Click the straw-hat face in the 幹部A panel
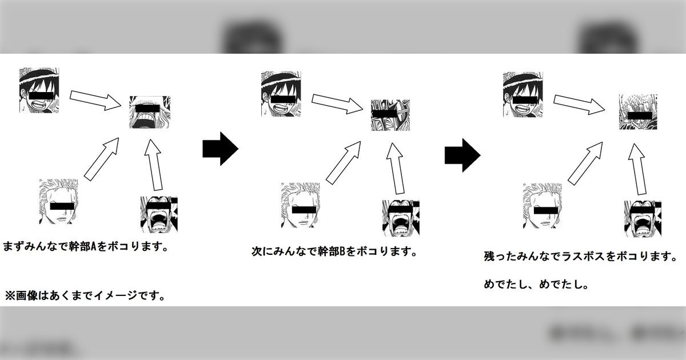coord(39,90)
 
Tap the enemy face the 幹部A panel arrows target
coord(150,112)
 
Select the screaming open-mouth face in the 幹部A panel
coord(159,214)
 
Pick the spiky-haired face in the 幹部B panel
coord(301,205)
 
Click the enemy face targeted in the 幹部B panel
coord(390,115)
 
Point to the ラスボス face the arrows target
coord(638,112)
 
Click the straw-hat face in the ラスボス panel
coord(523,95)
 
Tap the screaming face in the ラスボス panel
coord(643,218)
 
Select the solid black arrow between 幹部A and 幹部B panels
coord(221,149)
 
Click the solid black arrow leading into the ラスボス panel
coord(462,155)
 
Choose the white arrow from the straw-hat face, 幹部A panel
coord(95,100)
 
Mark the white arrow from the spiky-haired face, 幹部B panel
coord(344,163)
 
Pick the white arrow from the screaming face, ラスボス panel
coord(637,169)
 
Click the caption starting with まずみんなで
coord(85,247)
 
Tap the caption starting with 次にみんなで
coord(334,251)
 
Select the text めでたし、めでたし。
coord(536,285)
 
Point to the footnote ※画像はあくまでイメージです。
coord(85,296)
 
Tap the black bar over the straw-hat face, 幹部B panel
coord(282,99)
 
